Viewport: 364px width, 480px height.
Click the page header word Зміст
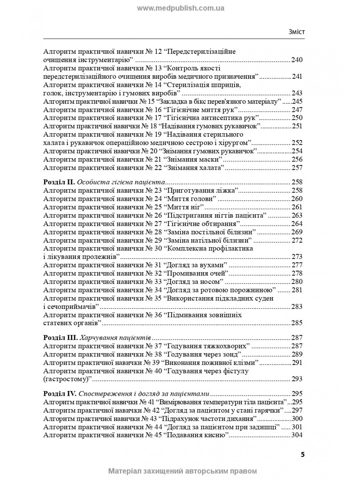tap(296, 32)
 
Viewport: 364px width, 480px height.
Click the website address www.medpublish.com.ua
tap(180, 8)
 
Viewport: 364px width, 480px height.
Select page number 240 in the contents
tap(297, 60)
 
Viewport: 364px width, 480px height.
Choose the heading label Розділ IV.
tap(60, 393)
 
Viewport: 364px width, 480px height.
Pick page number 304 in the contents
tap(297, 435)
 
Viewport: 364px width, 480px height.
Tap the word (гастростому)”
tap(68, 379)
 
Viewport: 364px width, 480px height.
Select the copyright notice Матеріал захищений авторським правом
tap(182, 471)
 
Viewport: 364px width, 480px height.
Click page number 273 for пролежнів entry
tap(297, 257)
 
